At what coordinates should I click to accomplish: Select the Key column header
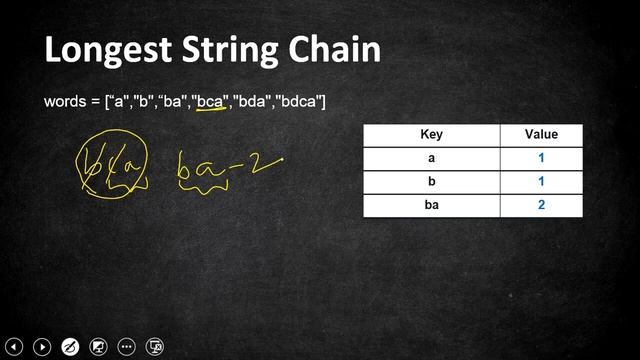[431, 134]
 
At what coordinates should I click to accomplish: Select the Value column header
[541, 134]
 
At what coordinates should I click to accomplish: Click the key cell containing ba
[431, 205]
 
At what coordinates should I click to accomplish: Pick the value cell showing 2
[541, 205]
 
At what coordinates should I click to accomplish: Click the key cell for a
[431, 158]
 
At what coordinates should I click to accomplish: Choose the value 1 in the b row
[541, 181]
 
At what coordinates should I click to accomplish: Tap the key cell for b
[431, 181]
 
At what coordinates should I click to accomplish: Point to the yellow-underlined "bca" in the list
[212, 102]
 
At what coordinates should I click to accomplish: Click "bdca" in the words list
[300, 102]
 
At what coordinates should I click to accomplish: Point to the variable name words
[67, 102]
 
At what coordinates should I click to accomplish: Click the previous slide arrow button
[15, 347]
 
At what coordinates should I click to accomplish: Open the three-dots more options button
[127, 347]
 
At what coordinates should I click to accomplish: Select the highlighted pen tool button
[70, 347]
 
